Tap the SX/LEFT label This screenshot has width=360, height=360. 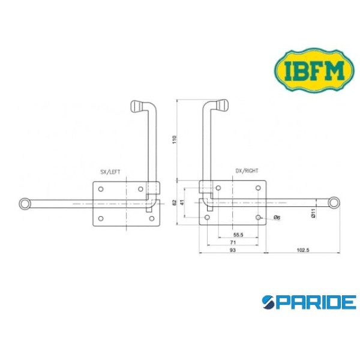(110, 172)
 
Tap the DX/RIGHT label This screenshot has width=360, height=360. (247, 171)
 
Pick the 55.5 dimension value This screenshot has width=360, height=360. (238, 234)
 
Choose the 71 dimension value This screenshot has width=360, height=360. (232, 242)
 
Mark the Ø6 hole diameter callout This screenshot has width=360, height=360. (277, 217)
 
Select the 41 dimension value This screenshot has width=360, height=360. (183, 203)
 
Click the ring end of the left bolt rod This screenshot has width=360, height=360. (25, 204)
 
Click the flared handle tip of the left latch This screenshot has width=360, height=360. (136, 106)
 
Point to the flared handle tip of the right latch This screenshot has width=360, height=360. (223, 106)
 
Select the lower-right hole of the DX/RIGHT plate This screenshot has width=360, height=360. (259, 217)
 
